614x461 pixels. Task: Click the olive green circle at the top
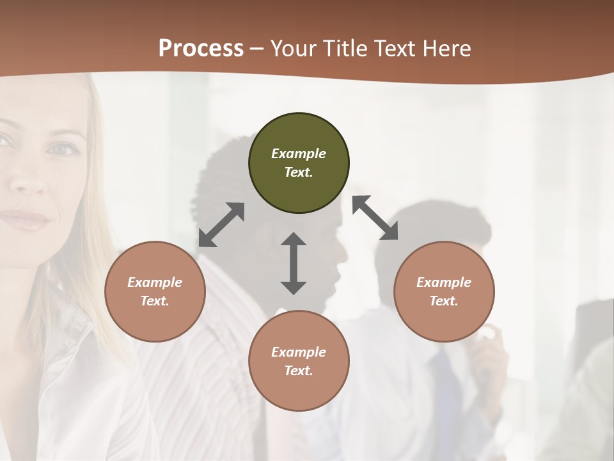[299, 163]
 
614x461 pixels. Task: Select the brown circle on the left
[155, 291]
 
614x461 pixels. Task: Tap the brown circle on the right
[444, 291]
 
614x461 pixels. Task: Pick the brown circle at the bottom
[299, 361]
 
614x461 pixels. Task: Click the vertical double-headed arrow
[294, 263]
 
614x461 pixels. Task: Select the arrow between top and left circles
[221, 225]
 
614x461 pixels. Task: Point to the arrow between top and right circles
[375, 218]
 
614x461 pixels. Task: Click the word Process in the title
[201, 48]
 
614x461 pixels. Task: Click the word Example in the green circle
[299, 154]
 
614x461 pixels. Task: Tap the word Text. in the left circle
[155, 301]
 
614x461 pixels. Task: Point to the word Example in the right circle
[444, 282]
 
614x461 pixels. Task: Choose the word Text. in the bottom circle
[299, 371]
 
